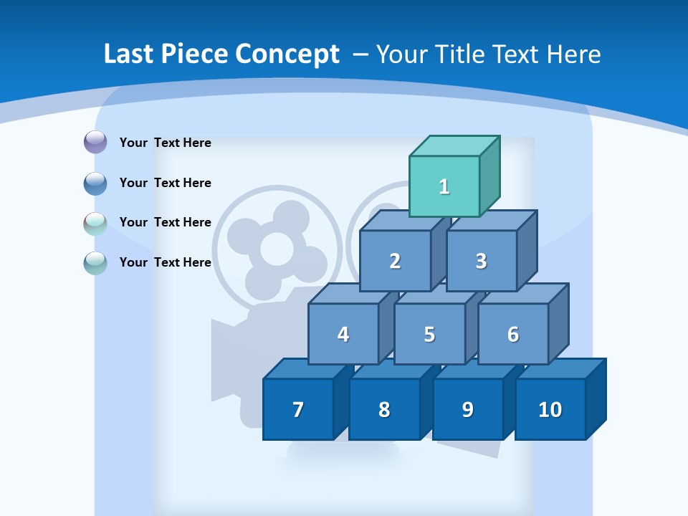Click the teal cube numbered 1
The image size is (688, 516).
[x=444, y=186]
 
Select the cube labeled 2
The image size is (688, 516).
[x=395, y=261]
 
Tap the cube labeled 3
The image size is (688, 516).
[x=481, y=261]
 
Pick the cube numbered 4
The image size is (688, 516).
[x=343, y=334]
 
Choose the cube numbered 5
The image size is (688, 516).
[x=429, y=334]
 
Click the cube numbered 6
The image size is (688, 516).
[x=513, y=334]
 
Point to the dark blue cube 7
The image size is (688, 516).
[x=298, y=409]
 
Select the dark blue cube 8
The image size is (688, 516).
[x=384, y=409]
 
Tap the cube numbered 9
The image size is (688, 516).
[x=467, y=409]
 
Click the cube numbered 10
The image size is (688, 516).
[x=550, y=409]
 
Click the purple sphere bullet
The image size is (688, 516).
[x=95, y=142]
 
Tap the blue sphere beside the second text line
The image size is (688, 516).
[x=95, y=183]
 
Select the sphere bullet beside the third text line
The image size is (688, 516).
[x=95, y=223]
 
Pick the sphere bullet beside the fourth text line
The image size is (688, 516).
[x=95, y=262]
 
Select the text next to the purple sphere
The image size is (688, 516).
[x=165, y=143]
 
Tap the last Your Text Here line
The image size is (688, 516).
[x=165, y=262]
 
